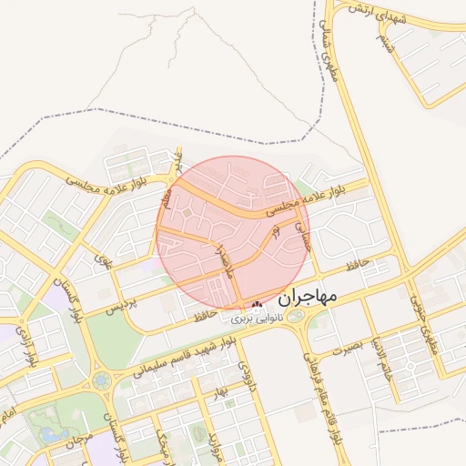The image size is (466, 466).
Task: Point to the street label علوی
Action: click(x=101, y=262)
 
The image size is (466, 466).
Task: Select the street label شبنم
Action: click(x=388, y=42)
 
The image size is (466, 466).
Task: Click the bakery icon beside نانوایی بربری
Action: click(x=256, y=305)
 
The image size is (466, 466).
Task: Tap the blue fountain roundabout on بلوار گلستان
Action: click(x=100, y=380)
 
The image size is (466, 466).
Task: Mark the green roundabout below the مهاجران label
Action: click(x=296, y=317)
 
